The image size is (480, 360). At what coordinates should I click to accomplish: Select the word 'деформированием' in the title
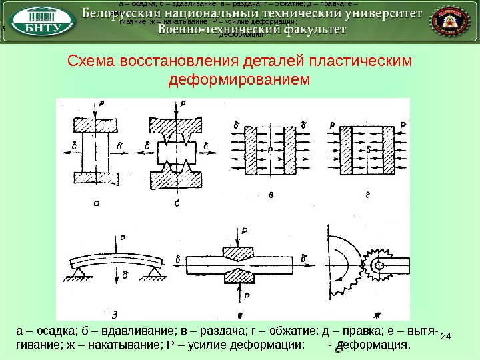tap(240, 80)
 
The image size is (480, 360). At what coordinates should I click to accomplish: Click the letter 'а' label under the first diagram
tap(97, 204)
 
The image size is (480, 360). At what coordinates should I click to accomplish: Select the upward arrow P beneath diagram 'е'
tap(241, 292)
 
